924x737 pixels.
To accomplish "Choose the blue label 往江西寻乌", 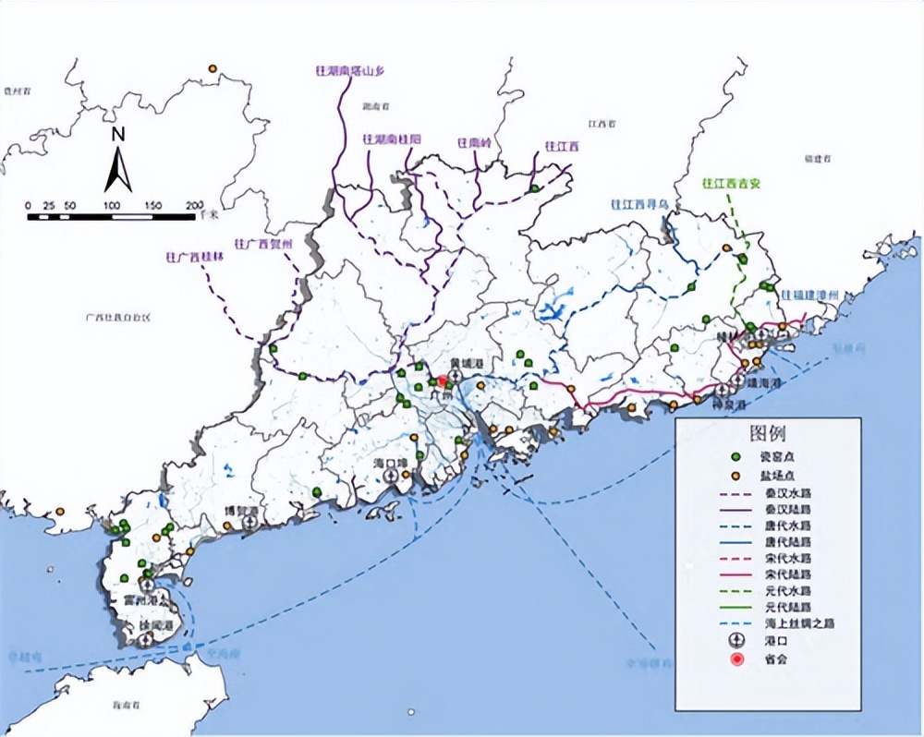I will coord(638,204).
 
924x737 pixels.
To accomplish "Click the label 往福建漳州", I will coord(810,295).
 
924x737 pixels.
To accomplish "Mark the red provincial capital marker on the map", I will coord(443,381).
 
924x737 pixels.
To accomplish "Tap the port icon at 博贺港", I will coord(249,523).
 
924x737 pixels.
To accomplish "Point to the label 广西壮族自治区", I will coord(116,317).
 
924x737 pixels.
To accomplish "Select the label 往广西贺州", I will coord(263,243).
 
